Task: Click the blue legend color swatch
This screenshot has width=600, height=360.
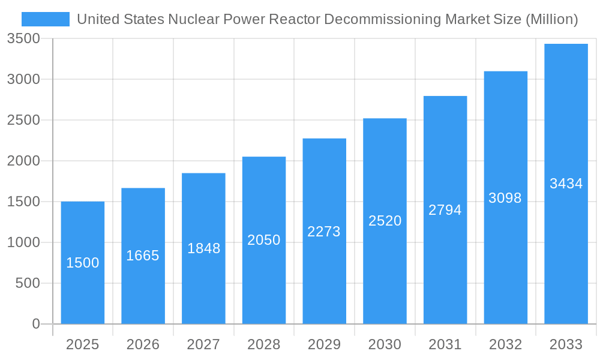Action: coord(46,19)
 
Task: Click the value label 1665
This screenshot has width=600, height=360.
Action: coord(143,256)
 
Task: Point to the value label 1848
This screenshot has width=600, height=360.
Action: coord(203,248)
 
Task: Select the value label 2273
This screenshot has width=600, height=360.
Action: coord(324,232)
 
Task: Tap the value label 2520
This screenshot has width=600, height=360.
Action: coord(385,221)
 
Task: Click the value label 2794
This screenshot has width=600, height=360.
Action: coord(445,210)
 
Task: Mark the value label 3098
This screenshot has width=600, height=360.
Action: coord(505,198)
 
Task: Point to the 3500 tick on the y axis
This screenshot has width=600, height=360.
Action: coord(23,39)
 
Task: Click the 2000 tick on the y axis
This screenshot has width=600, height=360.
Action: coord(23,161)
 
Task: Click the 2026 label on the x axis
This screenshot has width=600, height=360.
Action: coord(143,344)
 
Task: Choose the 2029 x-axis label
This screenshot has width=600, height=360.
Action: coord(324,344)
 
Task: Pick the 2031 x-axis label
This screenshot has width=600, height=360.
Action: coord(445,344)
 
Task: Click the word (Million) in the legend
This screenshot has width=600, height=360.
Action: coord(551,19)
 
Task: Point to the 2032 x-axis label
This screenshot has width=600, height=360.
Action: coord(505,344)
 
